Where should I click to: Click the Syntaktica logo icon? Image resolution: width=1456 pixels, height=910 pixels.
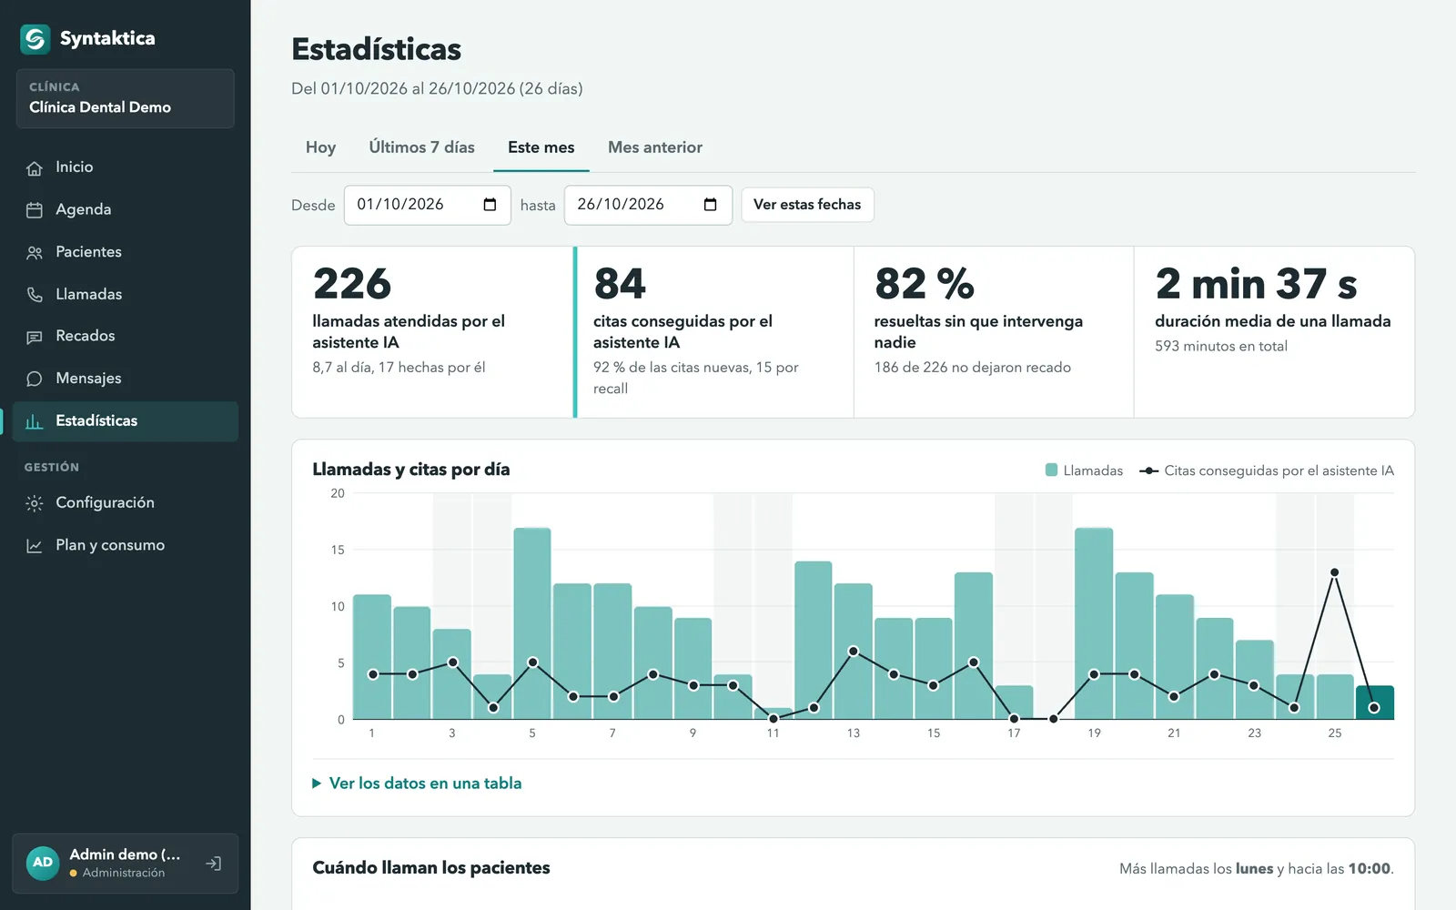pos(35,39)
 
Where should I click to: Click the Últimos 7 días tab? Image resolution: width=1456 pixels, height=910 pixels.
pos(422,147)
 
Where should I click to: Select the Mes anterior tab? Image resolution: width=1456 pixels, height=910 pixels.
pos(655,147)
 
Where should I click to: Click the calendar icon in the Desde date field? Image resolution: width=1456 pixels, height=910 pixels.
pos(490,205)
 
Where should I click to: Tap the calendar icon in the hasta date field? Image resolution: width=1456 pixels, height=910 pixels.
pos(711,205)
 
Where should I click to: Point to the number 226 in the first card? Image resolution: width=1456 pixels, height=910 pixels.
pos(351,283)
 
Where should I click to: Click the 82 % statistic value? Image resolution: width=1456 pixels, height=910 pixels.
pos(925,283)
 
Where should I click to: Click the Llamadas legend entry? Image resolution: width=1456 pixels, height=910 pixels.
pos(1084,470)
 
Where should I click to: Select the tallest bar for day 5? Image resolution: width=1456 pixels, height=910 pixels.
pos(532,623)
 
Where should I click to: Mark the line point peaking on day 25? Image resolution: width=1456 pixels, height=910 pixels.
pos(1334,572)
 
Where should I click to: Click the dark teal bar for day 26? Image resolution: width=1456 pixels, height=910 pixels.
pos(1375,703)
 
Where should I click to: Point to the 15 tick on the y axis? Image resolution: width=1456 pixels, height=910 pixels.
pos(338,550)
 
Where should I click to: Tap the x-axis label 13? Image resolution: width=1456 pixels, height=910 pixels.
pos(853,733)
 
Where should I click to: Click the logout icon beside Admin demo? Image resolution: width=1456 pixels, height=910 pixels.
pos(214,864)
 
